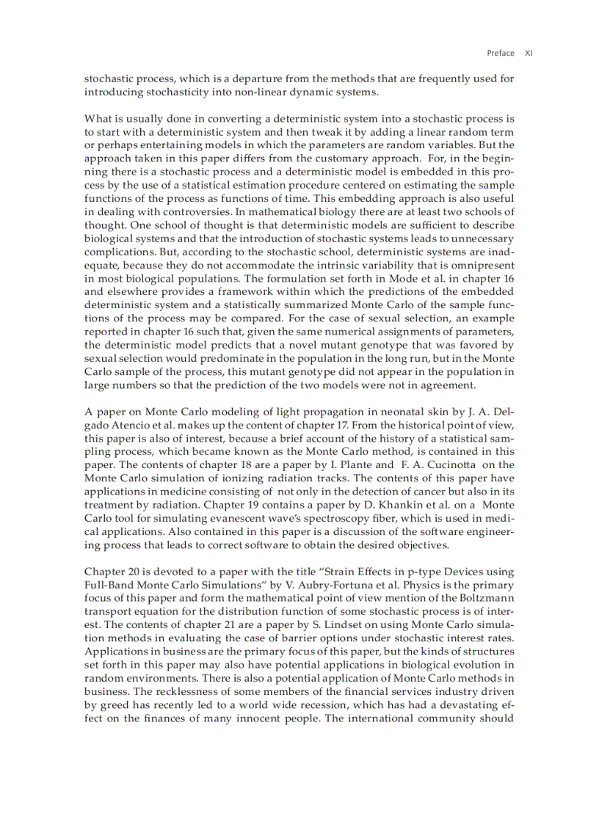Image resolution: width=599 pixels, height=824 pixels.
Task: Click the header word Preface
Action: coord(500,53)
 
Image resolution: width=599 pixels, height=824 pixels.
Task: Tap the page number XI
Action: coord(529,53)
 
